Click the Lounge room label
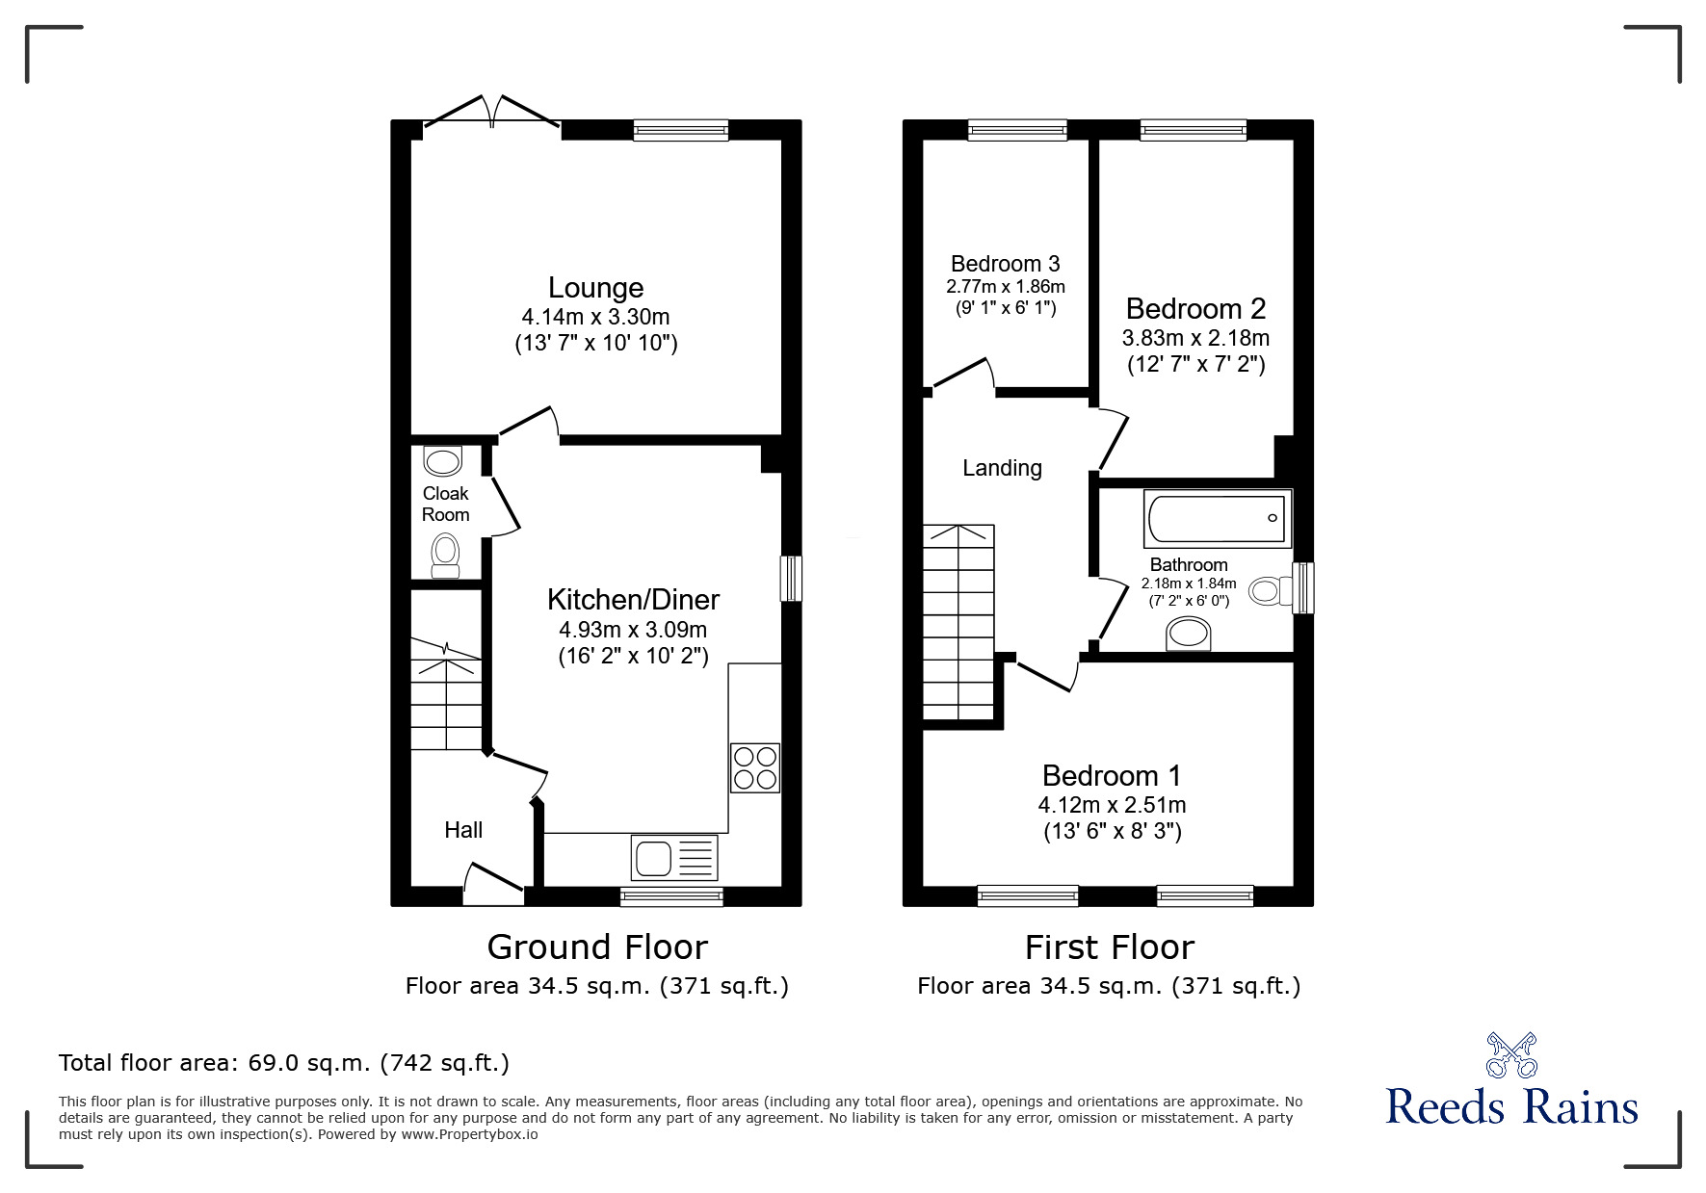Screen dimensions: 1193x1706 point(595,288)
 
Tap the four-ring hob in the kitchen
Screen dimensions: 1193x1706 point(754,767)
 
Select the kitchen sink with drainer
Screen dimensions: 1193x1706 point(674,857)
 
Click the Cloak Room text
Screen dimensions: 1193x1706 point(446,504)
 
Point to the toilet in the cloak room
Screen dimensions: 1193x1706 point(445,556)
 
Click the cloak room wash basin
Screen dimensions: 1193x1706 point(443,462)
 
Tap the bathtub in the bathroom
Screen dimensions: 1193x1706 point(1218,519)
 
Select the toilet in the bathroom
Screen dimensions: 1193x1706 point(1272,590)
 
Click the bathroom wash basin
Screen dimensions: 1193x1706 point(1189,634)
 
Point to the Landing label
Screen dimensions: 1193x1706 point(1002,468)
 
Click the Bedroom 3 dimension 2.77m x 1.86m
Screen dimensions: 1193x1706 point(1005,287)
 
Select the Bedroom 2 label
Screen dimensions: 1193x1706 point(1195,309)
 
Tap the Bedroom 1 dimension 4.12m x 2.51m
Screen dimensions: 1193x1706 point(1112,805)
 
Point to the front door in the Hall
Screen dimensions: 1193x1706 point(493,884)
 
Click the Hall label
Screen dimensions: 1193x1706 point(463,830)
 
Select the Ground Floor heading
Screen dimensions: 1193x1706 point(597,947)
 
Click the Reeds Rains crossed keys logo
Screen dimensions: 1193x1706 point(1511,1055)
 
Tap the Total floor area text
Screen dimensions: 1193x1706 point(283,1063)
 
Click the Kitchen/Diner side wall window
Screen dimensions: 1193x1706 point(791,579)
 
